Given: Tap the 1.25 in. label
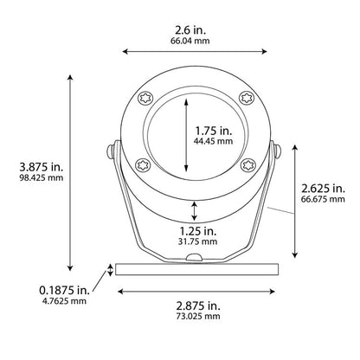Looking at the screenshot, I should pos(198,230).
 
